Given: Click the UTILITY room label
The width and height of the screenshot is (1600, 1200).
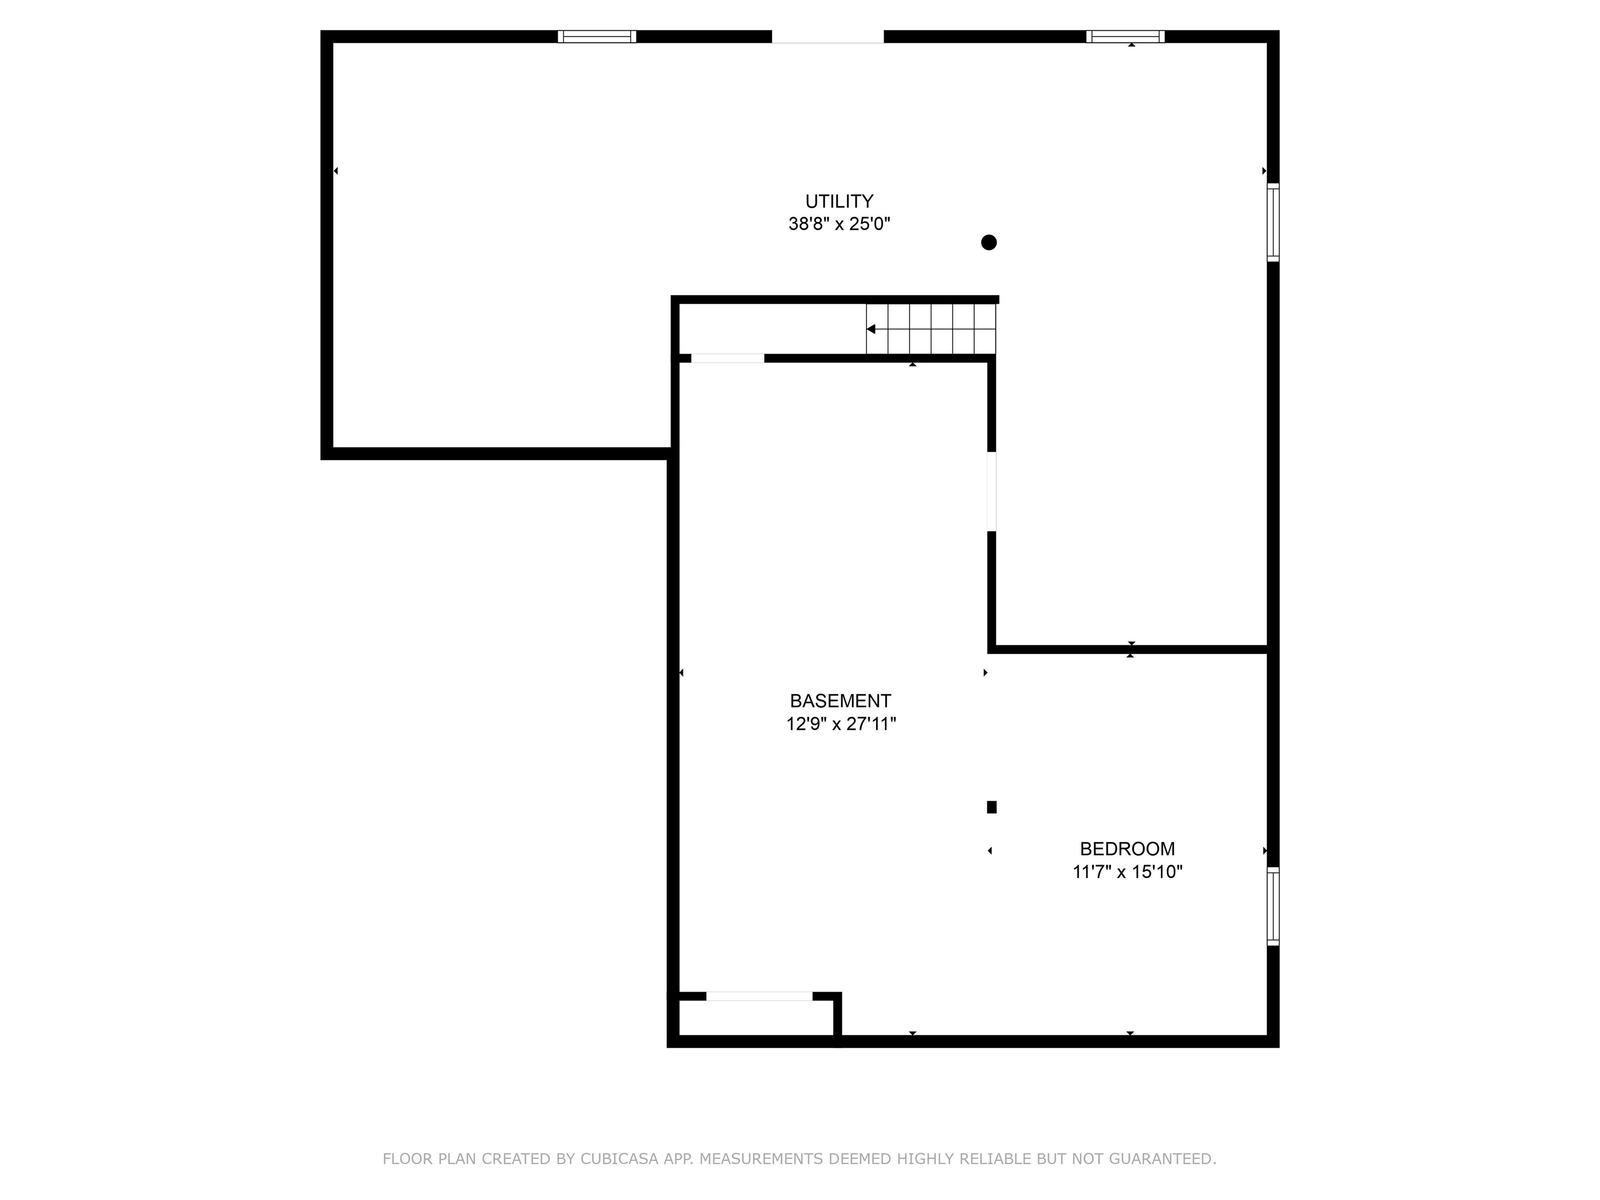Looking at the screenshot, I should coord(839,201).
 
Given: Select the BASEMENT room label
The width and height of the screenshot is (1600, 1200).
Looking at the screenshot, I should coord(840,701).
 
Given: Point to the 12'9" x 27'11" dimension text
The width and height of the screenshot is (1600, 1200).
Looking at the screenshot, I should coord(841,724).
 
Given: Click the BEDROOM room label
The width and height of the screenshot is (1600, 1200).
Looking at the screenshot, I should coord(1127,848).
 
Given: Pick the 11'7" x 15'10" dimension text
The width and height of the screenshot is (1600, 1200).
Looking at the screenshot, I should coord(1127,871).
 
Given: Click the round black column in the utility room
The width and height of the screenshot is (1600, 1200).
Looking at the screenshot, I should coord(989,242).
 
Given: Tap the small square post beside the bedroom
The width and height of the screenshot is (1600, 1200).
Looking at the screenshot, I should coord(992,807).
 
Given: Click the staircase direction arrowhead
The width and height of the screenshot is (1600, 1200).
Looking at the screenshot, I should coord(871,329).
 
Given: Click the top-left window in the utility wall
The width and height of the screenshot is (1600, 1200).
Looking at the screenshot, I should coord(597,36).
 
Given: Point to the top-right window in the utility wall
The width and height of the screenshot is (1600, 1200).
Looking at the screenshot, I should coord(1125,36).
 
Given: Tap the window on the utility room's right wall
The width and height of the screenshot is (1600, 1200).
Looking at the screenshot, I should coord(1273,222).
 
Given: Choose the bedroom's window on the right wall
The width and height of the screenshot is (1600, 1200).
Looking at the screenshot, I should coord(1273,906).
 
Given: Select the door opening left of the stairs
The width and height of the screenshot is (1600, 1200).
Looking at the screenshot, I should coord(728,358).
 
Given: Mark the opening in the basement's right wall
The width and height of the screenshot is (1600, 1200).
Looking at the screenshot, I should coord(992,492).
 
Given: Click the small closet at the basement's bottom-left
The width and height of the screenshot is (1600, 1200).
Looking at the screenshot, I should coord(757,1018).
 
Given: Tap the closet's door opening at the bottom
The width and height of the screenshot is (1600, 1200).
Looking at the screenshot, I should coord(759,996).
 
